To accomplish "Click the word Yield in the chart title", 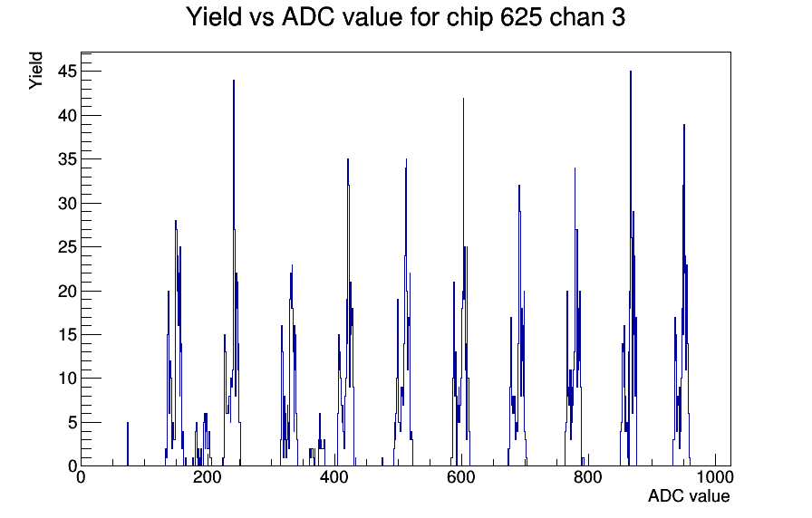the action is pos(213,17).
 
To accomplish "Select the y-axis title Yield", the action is pos(35,71).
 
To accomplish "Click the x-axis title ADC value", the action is pos(689,495).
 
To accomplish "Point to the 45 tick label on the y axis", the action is pos(67,72).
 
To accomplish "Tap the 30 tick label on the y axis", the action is pos(67,204).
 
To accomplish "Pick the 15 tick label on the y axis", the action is pos(67,335).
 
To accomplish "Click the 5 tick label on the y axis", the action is pos(72,423).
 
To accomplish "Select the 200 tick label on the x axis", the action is pos(208,476).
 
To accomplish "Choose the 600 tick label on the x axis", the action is pos(461,476).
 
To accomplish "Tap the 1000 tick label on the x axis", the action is pos(714,476).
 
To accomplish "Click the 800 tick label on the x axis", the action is pos(588,476).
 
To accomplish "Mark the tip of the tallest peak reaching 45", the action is pos(630,72).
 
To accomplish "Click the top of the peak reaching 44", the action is pos(234,81).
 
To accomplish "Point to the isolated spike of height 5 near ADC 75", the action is pos(128,423).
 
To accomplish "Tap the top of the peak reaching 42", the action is pos(463,98).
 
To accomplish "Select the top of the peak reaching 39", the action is pos(684,124).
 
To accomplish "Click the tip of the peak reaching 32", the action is pos(519,186).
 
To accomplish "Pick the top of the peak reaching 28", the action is pos(176,220).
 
